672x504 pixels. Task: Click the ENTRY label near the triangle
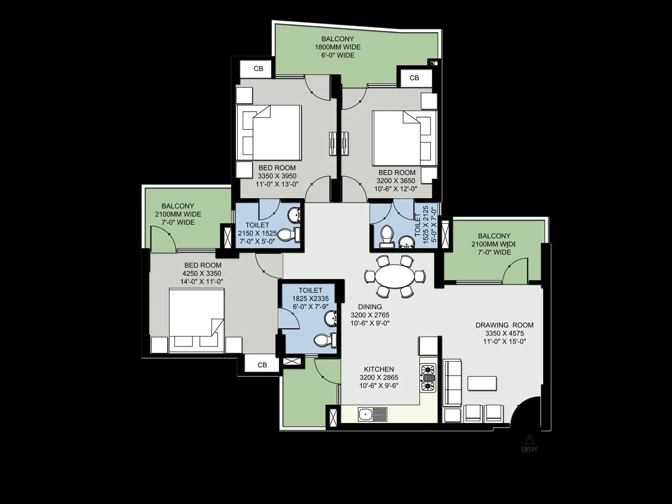click(x=530, y=449)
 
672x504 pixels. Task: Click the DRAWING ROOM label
click(x=504, y=325)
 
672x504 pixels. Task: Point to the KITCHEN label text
click(x=379, y=369)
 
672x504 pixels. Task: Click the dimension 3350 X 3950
click(x=277, y=176)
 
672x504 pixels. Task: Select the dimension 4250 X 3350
click(x=201, y=273)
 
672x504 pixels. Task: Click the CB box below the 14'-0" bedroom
click(x=262, y=365)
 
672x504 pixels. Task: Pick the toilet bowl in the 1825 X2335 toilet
click(x=324, y=339)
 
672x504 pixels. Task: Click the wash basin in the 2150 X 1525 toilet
click(x=294, y=216)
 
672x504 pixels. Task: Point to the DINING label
click(x=370, y=307)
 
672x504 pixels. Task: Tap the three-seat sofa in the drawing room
click(x=452, y=382)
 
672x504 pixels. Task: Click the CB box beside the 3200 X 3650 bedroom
click(x=414, y=78)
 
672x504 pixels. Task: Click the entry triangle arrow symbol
click(x=530, y=440)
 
